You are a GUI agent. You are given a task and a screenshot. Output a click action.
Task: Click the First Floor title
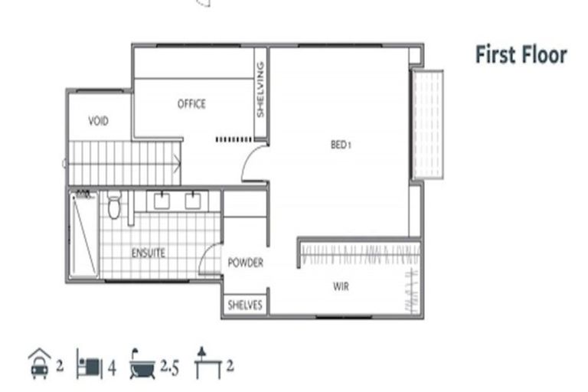point(521,55)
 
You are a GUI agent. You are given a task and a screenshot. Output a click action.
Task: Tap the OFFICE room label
point(191,104)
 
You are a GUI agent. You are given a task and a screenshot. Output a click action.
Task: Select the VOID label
point(98,121)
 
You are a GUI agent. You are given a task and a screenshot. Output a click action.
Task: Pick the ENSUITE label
point(148,253)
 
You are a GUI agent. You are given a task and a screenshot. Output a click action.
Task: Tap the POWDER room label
point(245,263)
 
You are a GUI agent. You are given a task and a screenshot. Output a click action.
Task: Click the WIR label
point(341,287)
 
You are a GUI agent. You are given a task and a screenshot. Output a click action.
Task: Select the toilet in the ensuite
point(114,205)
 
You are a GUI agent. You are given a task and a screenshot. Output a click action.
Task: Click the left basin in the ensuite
point(162,201)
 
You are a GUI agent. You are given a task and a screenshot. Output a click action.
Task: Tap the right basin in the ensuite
point(193,201)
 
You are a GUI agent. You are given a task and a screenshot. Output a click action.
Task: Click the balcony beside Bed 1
point(427,125)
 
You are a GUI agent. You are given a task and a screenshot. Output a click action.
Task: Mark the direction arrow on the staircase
point(177,162)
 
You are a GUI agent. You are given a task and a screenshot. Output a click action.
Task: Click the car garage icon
point(38,365)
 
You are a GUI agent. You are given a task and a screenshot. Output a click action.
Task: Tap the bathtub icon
point(142,366)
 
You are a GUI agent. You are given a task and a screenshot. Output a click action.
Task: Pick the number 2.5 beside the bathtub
point(169,367)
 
